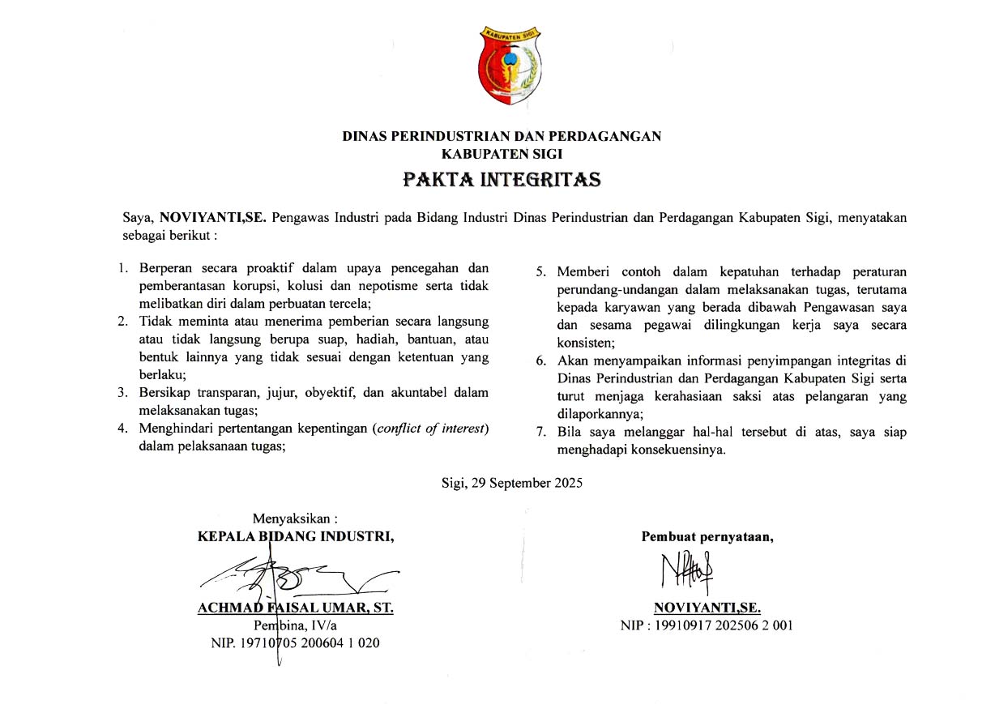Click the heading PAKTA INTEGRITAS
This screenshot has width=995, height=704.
coord(502,179)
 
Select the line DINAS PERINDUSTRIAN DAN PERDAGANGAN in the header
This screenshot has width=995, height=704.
coord(502,136)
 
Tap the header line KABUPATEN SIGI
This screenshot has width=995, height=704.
coord(502,153)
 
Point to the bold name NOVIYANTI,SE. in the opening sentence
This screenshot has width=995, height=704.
coord(213,217)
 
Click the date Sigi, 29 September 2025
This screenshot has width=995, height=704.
coord(512,483)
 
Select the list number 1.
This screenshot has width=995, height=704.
coord(123,268)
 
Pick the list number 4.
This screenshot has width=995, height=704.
coord(122,428)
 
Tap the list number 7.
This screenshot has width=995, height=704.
coord(540,432)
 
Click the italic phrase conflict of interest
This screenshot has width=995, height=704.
coord(431,428)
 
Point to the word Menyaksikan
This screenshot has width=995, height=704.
coord(295,518)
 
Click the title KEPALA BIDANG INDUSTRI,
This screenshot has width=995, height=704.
coord(296,535)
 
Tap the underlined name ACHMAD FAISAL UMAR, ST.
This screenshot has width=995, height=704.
coord(296,608)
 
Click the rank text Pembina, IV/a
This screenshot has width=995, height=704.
coord(296,625)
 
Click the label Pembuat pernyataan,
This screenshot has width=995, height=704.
coord(707,535)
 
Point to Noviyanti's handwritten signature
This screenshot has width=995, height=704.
coord(687,574)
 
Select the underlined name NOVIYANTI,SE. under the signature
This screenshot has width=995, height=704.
coord(707,608)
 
